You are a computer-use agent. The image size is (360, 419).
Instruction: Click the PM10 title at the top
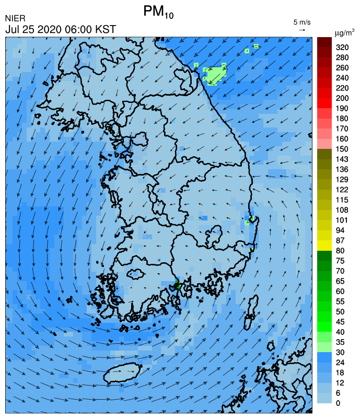(158, 13)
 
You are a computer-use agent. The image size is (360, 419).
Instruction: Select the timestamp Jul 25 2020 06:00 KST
(61, 29)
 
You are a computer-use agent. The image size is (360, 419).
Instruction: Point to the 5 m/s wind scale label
(302, 22)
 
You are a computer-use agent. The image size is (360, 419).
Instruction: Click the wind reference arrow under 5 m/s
(302, 30)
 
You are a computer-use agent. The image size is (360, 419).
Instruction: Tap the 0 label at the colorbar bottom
(338, 403)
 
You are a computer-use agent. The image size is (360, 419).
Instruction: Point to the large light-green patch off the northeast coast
(214, 75)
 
